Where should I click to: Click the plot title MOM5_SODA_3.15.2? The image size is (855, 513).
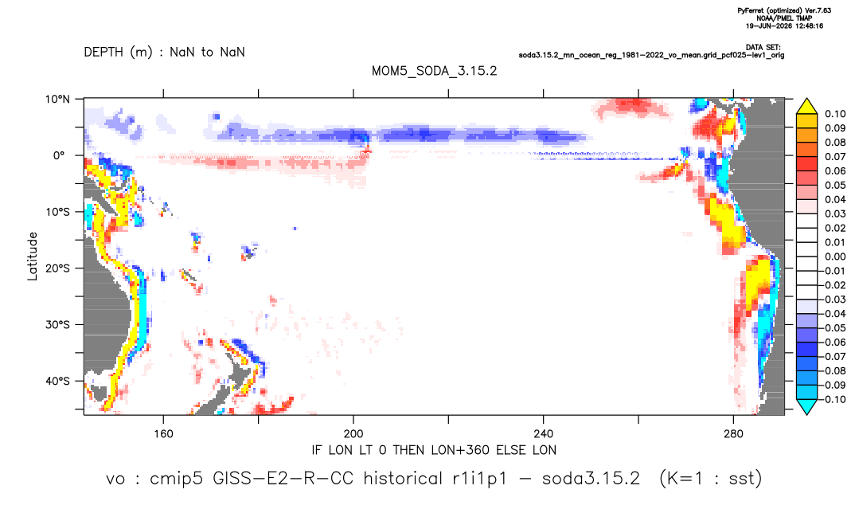434,71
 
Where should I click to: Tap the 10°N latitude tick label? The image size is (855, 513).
57,100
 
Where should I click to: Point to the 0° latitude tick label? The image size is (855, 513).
59,155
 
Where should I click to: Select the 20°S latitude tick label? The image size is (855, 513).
57,268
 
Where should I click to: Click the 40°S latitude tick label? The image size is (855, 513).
57,381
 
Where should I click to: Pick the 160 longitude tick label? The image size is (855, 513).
163,434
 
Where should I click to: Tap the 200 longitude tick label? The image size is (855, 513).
353,434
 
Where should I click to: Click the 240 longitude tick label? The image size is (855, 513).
544,434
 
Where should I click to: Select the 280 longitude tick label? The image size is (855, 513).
733,434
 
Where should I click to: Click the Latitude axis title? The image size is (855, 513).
33,256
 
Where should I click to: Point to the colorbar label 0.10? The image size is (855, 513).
835,114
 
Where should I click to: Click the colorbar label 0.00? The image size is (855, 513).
835,256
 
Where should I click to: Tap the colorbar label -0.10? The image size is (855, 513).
833,399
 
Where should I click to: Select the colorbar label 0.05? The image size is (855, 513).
835,185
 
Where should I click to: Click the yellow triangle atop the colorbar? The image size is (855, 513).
807,106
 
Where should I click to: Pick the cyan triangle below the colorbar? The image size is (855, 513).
807,406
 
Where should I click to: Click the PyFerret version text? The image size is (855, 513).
784,10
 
